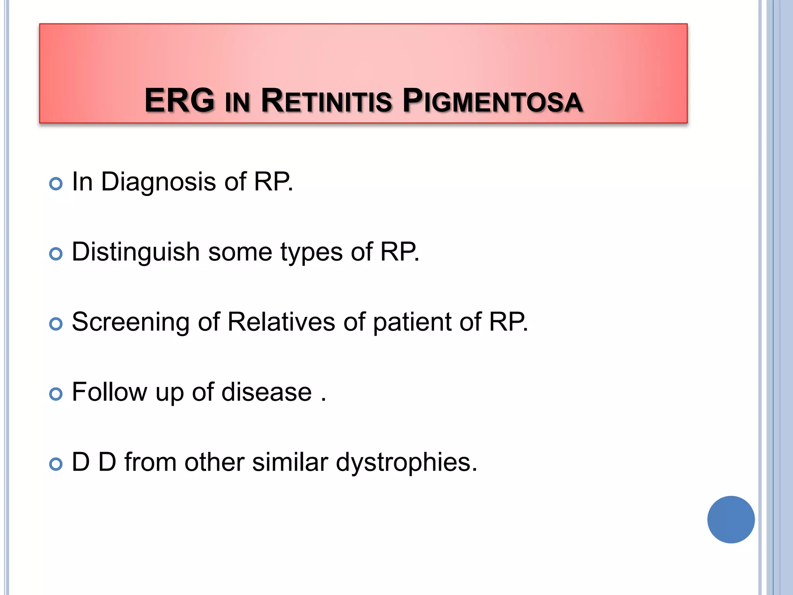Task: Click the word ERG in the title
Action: [179, 101]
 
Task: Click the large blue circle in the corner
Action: [731, 519]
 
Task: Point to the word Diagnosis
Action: [158, 182]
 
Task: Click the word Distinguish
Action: [136, 252]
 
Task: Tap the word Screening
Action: [130, 322]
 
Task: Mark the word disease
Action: [266, 392]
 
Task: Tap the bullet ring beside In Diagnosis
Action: [56, 184]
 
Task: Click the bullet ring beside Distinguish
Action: [56, 254]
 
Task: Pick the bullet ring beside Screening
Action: [56, 324]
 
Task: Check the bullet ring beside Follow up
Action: [56, 394]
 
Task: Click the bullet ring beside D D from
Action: [56, 464]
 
